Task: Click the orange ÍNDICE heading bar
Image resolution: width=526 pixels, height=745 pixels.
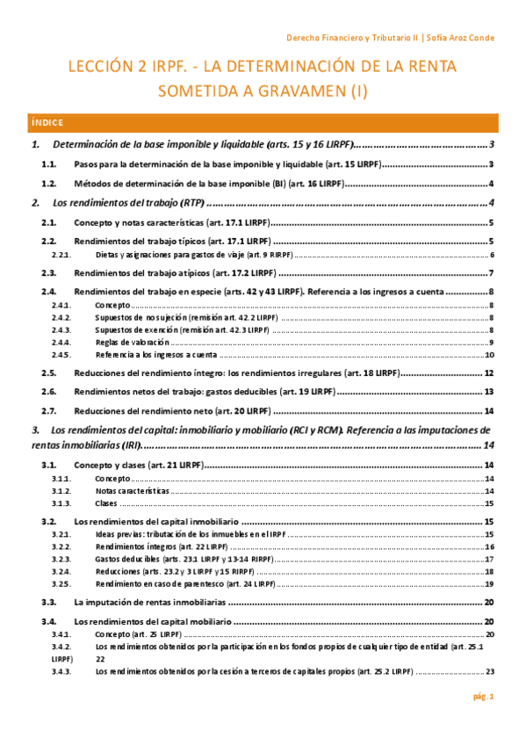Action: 263,122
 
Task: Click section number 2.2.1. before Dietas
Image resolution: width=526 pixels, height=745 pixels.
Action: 61,255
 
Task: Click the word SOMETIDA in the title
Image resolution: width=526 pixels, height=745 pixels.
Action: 200,90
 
